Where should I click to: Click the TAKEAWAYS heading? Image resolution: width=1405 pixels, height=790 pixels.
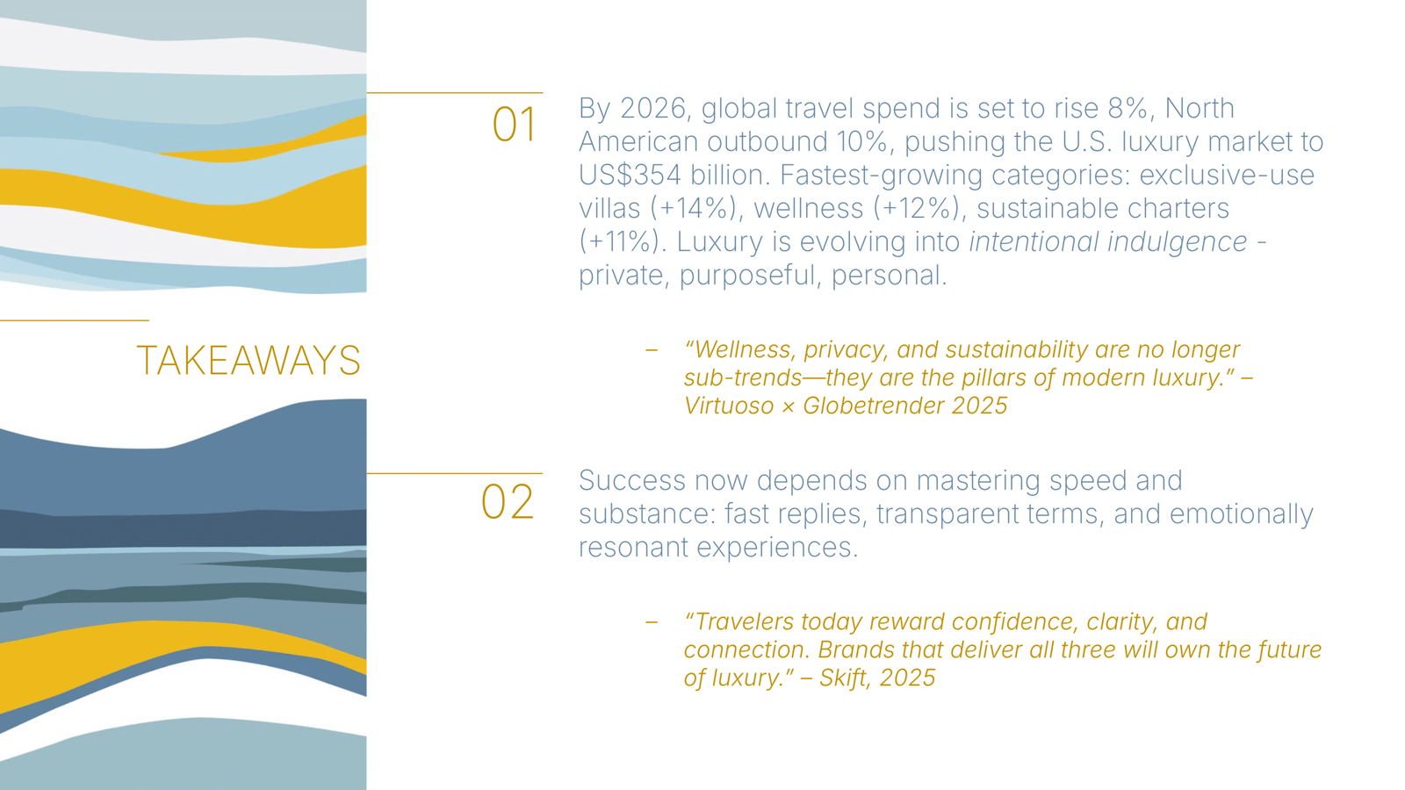coord(249,361)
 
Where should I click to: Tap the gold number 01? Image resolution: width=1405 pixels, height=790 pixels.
coord(514,125)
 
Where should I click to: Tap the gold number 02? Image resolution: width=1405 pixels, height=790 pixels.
coord(508,502)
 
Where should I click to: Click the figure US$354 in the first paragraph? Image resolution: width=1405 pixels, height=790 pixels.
coord(630,175)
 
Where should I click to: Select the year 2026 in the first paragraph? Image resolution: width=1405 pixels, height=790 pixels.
coord(652,108)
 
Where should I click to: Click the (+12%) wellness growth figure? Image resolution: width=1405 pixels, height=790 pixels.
coord(916,208)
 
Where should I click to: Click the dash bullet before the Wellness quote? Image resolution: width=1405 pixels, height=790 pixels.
coord(652,350)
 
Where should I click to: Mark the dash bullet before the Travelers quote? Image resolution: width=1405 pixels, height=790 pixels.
coord(652,622)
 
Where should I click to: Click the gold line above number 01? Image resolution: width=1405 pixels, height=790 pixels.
coord(454,92)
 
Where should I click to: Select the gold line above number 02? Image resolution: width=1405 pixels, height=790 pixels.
coord(454,473)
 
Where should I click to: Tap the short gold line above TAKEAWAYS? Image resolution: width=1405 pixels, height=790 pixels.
coord(75,320)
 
